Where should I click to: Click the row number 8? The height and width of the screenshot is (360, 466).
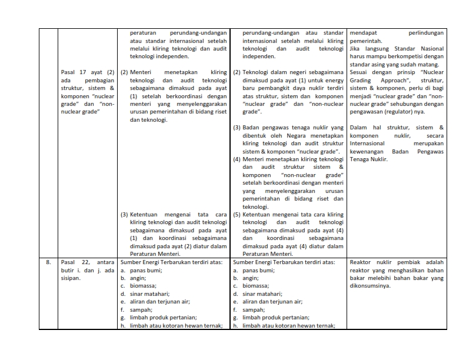pos(48,262)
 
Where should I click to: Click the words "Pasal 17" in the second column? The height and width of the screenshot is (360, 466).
pos(73,72)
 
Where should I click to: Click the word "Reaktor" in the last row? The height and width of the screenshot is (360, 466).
pos(361,262)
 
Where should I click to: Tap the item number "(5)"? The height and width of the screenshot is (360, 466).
pos(237,215)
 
